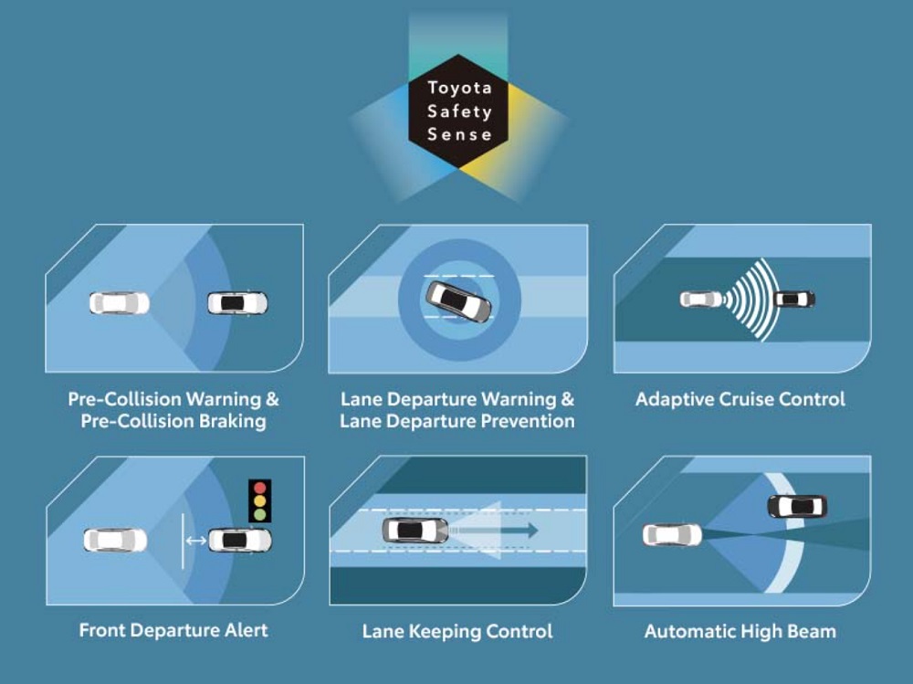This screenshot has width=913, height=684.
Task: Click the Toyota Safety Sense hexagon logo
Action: coord(460,111)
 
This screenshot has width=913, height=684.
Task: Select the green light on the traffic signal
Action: coord(261,514)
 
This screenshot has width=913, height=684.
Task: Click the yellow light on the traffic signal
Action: coord(261,500)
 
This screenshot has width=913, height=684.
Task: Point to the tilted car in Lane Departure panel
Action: coord(458,300)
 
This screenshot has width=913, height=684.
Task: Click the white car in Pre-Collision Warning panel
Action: coord(119,302)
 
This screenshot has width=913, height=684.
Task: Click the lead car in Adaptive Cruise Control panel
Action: coord(794,299)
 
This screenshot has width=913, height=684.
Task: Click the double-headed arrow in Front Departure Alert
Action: coord(195,541)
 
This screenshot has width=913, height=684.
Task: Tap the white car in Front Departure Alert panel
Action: coord(115,540)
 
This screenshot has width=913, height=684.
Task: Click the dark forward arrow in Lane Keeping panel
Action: coord(498,530)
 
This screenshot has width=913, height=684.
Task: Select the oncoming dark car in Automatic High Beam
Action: coord(797,505)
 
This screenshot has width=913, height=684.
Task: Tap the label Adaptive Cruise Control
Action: coord(740,399)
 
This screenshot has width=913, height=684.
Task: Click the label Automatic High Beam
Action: coord(740,631)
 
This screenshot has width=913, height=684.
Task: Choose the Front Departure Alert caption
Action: coord(173,630)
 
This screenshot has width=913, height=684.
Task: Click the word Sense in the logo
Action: coord(460,134)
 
